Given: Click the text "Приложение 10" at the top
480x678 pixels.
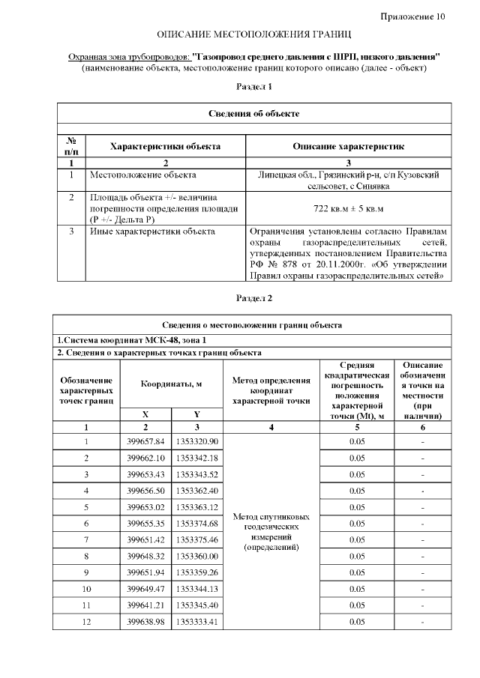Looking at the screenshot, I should click(412, 16).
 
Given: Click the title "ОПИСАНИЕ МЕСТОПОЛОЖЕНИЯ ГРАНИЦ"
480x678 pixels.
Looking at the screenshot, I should click(253, 35).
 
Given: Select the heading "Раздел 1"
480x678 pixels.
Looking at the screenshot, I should click(253, 87).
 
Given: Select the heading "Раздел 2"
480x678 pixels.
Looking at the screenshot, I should click(253, 298).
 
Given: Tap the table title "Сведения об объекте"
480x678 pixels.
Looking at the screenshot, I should click(253, 114).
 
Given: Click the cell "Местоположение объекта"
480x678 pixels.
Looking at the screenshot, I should click(142, 175).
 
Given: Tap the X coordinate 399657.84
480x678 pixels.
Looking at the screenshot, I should click(146, 441).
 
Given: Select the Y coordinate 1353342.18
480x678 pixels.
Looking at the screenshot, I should click(197, 458).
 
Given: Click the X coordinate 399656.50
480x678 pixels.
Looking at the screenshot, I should click(146, 490).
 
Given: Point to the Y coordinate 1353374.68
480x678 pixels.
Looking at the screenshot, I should click(197, 523).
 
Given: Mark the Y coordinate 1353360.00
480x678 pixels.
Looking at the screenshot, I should click(197, 556).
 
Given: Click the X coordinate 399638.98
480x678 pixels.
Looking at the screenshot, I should click(146, 622).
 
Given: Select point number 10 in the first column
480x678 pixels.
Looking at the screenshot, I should click(86, 589).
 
